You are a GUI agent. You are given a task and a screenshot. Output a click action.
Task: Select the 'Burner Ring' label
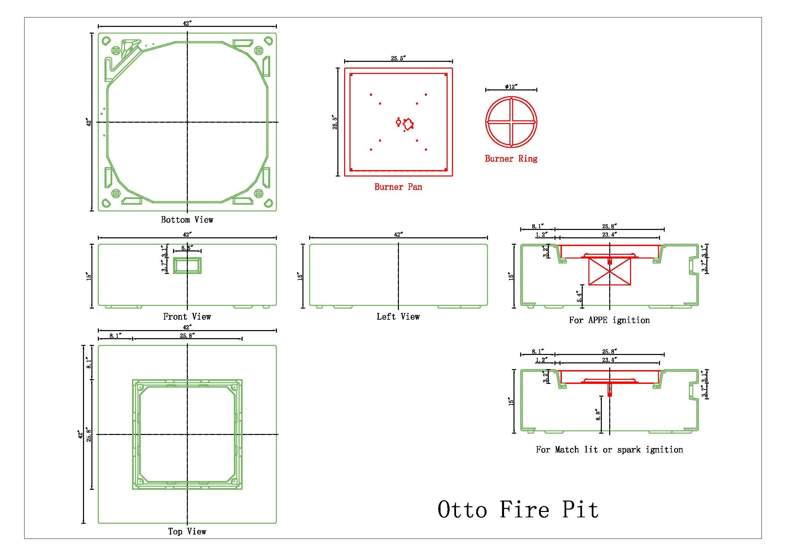(511, 159)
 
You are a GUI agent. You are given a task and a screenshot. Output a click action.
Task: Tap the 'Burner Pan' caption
(398, 187)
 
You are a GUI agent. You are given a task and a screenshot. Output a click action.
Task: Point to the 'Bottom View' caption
(187, 220)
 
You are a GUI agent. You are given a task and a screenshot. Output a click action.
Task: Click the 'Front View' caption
(187, 317)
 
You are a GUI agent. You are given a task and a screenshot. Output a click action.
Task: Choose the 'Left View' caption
(398, 317)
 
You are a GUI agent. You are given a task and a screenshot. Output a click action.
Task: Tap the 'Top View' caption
(187, 531)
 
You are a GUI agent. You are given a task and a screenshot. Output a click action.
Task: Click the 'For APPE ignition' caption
(609, 320)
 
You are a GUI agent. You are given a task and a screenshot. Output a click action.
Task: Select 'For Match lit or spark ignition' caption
(609, 449)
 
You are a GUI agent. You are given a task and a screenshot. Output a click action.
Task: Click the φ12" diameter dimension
(510, 87)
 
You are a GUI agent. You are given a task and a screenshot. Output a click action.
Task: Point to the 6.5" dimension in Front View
(187, 247)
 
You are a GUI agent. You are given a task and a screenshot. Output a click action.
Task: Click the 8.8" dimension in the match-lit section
(598, 415)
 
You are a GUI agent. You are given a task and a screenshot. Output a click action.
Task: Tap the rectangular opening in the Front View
(187, 265)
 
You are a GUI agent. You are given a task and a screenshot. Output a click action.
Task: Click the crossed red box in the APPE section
(609, 272)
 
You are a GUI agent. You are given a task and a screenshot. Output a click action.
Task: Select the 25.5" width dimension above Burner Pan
(398, 58)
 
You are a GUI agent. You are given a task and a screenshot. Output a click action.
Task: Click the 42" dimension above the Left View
(398, 235)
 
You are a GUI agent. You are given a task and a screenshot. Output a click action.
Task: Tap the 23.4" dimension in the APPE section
(609, 235)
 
